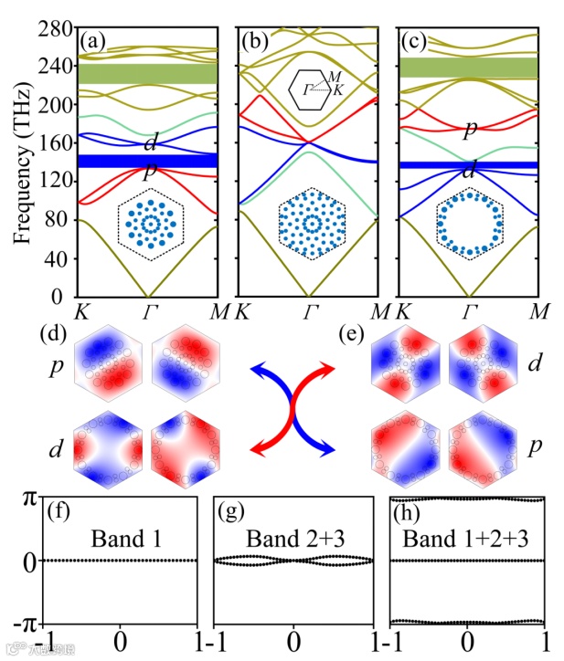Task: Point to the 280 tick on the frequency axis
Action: (x=54, y=30)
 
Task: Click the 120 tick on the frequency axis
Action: (x=54, y=182)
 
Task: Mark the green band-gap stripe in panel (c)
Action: (x=469, y=67)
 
